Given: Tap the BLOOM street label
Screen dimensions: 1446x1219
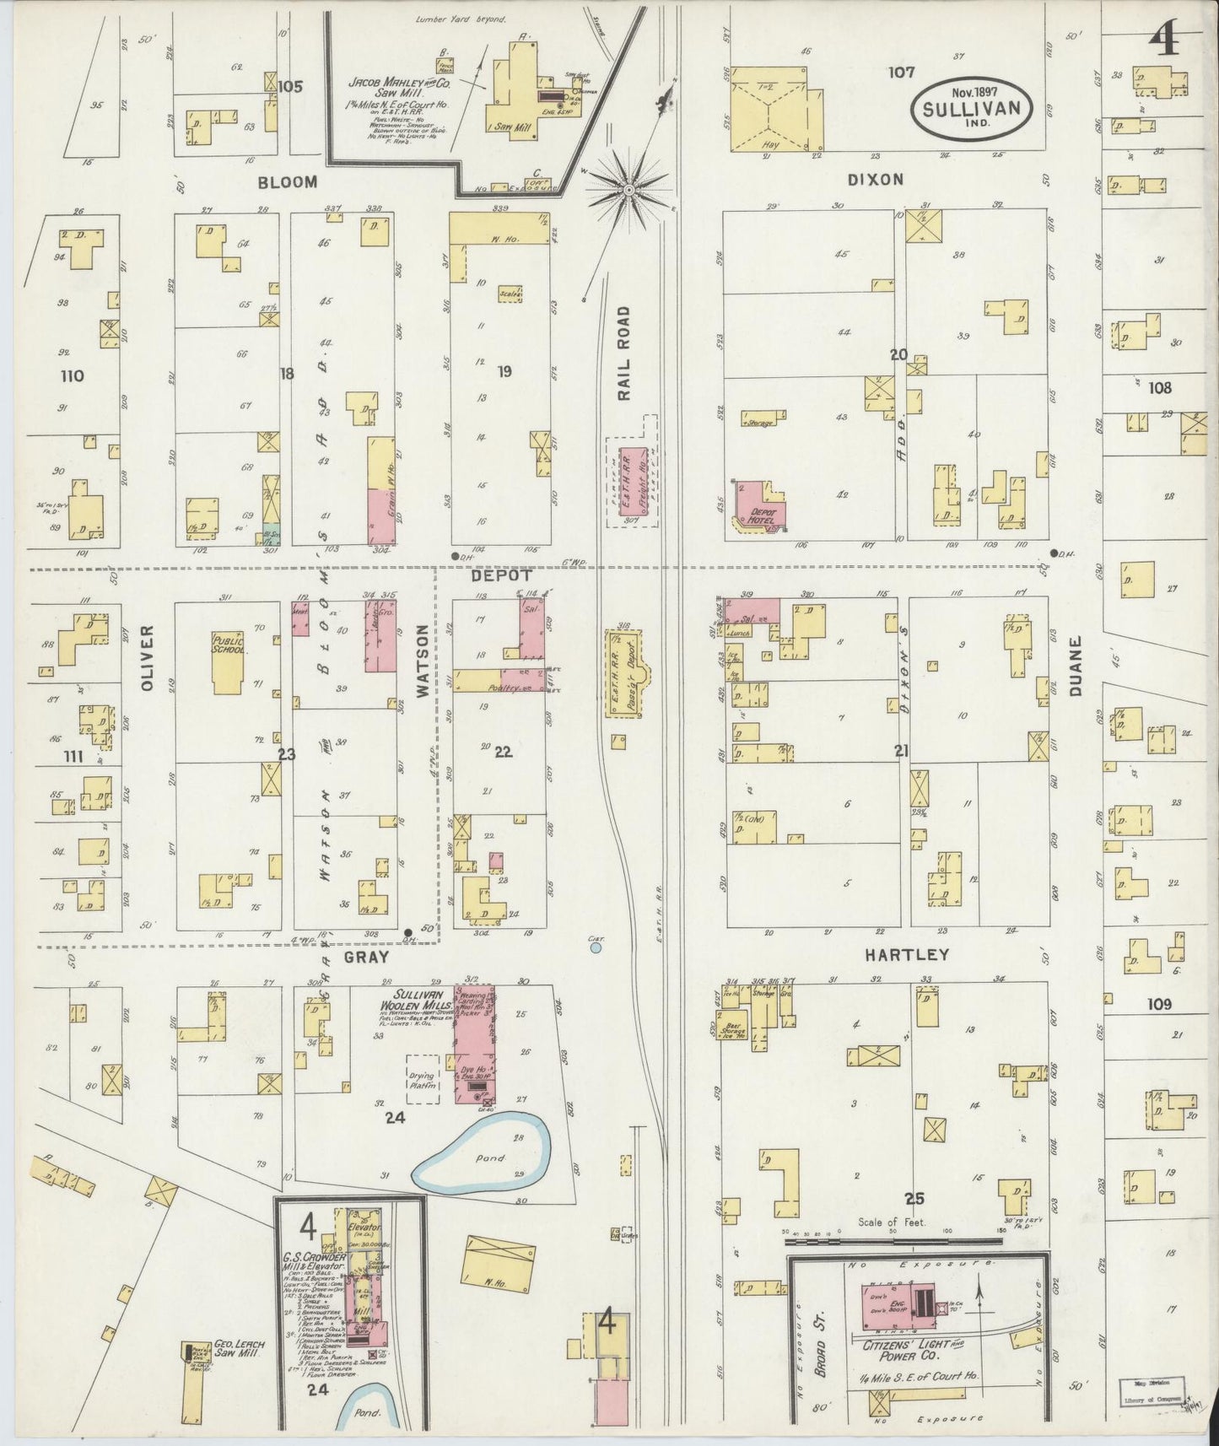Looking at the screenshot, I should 288,181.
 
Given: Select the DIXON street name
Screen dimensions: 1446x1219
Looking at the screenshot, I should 883,179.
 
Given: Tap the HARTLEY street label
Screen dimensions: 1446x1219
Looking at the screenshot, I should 906,955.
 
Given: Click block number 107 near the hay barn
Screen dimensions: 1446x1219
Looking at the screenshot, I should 900,73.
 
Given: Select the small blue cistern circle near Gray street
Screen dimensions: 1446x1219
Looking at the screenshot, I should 596,948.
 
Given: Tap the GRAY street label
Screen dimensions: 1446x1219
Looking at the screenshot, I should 366,957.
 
